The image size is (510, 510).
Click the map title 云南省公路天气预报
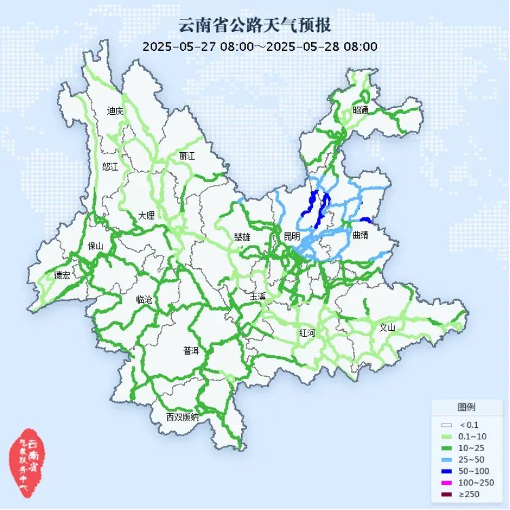pos(255,26)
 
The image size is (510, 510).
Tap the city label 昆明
pos(292,236)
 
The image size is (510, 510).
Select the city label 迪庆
pos(115,111)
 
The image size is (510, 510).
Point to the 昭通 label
pos(361,110)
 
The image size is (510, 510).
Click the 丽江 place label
pos(187,156)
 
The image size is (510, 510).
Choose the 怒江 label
pos(110,166)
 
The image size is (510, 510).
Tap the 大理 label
pos(146,215)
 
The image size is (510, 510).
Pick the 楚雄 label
pos(242,236)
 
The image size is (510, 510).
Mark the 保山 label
pos(96,246)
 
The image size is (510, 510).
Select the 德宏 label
pos(62,276)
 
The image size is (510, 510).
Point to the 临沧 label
pos(144,300)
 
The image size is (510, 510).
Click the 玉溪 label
pos(258,296)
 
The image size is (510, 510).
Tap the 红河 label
pos(307,333)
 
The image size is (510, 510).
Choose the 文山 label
pos(387,327)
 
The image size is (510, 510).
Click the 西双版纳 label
pos(182,417)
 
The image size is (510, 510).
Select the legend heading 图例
pos(466,407)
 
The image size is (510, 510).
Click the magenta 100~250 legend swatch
pos(447,482)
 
